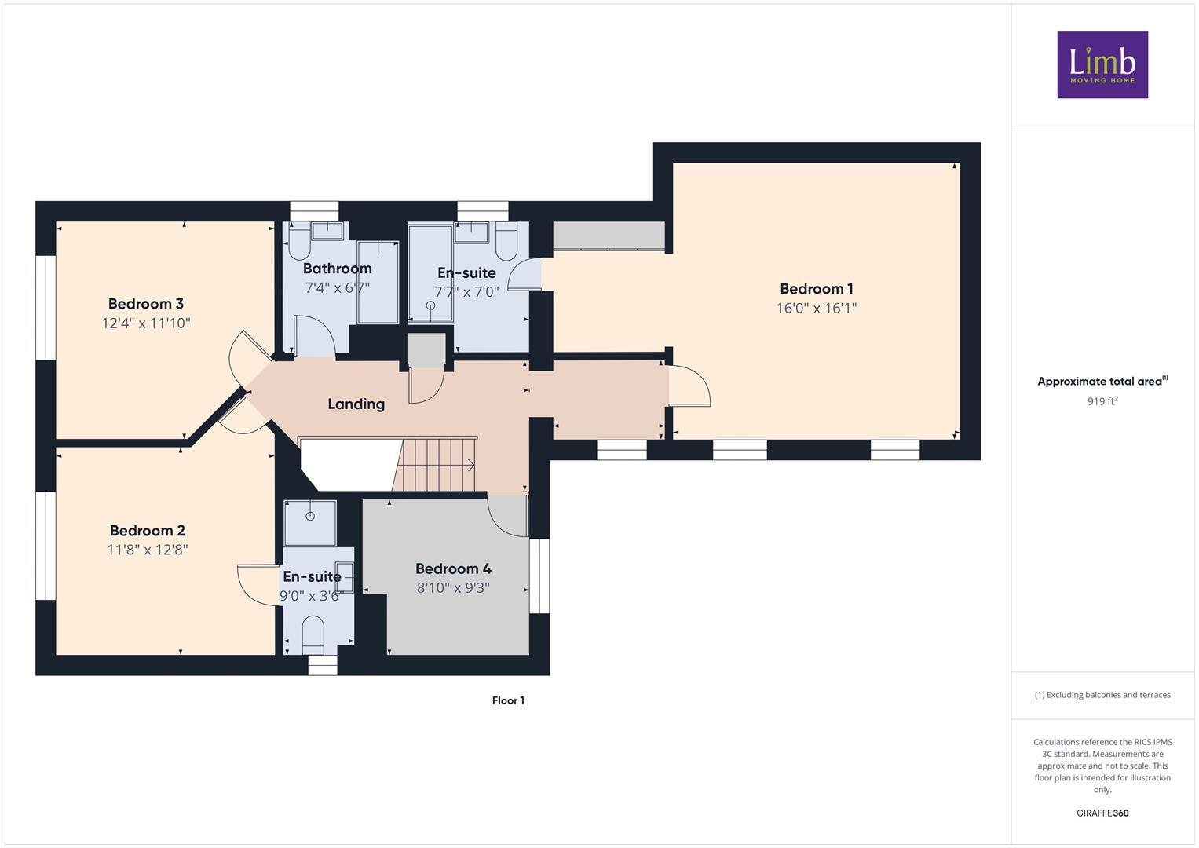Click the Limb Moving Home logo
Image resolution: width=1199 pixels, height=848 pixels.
point(1102,64)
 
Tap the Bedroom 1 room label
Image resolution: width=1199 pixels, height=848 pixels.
point(816,289)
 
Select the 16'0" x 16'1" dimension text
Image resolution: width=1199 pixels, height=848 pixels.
point(816,309)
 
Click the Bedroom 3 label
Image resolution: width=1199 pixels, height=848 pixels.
point(146,304)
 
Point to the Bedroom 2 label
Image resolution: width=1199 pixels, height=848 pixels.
point(148,531)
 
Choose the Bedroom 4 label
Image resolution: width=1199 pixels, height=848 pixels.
point(453,568)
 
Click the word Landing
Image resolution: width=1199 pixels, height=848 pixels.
point(356,404)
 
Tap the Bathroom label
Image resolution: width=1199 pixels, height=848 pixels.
point(337,269)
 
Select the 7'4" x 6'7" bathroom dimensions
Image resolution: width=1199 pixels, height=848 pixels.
point(337,288)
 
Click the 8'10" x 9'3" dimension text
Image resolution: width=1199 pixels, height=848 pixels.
point(453,587)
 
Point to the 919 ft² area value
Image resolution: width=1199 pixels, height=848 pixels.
point(1102,401)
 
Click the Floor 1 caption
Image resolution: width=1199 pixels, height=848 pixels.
point(508,700)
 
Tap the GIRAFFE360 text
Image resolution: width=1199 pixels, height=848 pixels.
point(1102,813)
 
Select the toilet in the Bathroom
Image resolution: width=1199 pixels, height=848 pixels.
point(299,242)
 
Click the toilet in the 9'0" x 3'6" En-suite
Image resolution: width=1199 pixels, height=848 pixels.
point(313,633)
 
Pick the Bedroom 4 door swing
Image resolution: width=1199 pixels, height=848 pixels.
point(506,517)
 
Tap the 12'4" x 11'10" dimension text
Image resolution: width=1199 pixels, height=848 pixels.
point(146,323)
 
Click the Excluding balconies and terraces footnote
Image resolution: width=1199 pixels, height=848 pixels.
point(1102,695)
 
